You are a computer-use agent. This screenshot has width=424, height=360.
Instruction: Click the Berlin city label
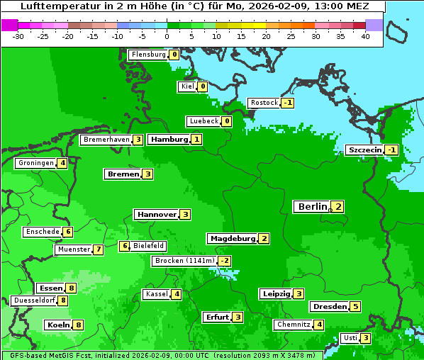click(x=312, y=207)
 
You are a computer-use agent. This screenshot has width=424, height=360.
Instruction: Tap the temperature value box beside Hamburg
click(x=196, y=140)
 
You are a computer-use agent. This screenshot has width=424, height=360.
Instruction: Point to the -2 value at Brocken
click(x=225, y=261)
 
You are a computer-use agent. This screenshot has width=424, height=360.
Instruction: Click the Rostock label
click(x=264, y=103)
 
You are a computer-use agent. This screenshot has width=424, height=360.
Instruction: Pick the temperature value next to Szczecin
click(x=391, y=150)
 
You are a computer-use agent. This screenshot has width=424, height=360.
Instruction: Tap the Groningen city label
click(x=36, y=163)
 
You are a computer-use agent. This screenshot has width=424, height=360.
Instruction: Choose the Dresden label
click(x=330, y=307)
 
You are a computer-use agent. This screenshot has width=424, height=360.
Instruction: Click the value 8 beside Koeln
click(x=78, y=325)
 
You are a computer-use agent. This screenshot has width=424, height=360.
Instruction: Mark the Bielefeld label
click(x=149, y=246)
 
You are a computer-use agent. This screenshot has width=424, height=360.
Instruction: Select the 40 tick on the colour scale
click(x=365, y=35)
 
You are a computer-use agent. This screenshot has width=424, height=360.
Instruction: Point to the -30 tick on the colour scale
click(x=19, y=35)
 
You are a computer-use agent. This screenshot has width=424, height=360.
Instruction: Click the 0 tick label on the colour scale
click(x=167, y=35)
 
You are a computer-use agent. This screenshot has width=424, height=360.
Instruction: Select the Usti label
click(x=350, y=338)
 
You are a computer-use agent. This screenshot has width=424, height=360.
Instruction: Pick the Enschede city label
click(x=42, y=232)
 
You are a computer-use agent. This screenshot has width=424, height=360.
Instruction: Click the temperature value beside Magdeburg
click(x=264, y=239)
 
